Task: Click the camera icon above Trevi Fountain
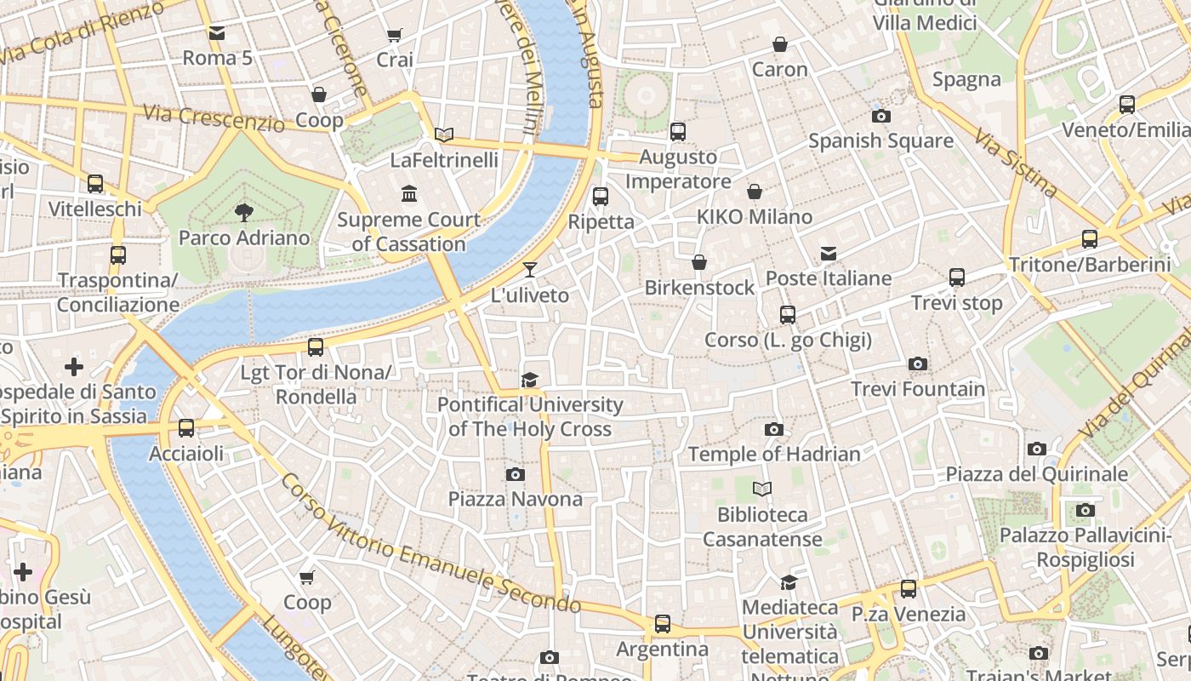[x=917, y=364]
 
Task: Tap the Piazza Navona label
[x=515, y=499]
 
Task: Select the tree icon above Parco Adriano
[x=244, y=213]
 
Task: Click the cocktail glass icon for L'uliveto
[x=530, y=270]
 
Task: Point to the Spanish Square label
[x=880, y=140]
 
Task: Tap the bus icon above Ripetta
[x=601, y=196]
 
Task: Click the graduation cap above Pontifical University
[x=530, y=380]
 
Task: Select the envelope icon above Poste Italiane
[x=829, y=254]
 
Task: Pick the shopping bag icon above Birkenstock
[x=699, y=262]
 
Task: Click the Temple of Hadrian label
[x=774, y=454]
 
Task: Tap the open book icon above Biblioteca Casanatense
[x=762, y=489]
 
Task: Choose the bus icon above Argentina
[x=663, y=624]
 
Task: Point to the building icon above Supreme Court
[x=409, y=194]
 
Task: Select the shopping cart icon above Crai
[x=394, y=35]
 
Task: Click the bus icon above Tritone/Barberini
[x=1090, y=239]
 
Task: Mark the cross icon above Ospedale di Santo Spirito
[x=74, y=367]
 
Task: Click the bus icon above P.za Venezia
[x=909, y=588]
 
